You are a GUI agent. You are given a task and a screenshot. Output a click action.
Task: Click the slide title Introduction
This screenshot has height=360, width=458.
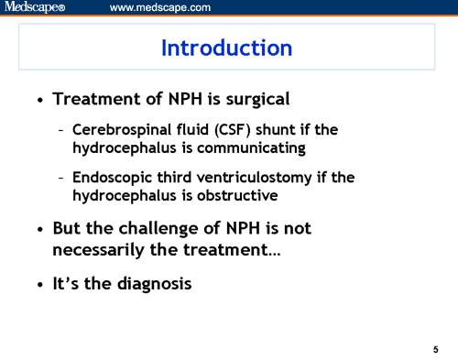[227, 48]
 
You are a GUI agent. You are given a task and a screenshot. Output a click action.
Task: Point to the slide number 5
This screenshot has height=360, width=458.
[435, 349]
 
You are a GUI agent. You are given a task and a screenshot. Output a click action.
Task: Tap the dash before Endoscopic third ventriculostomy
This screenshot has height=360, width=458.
[60, 177]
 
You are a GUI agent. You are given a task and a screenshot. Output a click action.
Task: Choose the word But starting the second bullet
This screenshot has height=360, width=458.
[70, 227]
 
